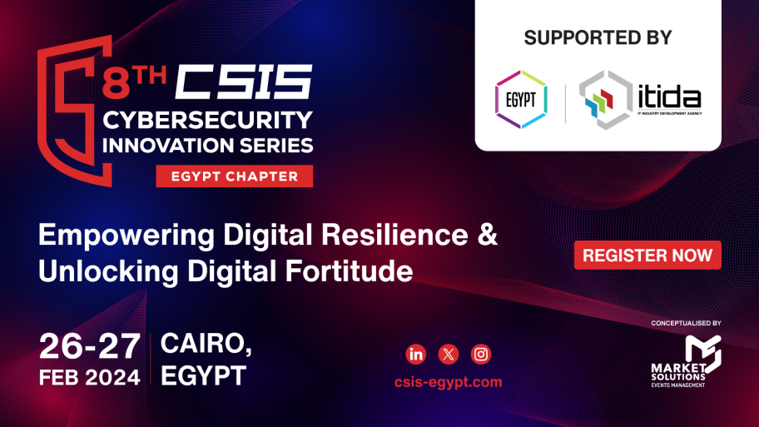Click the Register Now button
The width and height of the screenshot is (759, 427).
coord(647,256)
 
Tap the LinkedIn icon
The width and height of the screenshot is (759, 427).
coord(416,355)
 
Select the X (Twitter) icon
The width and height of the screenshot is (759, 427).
coord(449,355)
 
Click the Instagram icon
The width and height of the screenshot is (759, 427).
coord(481,355)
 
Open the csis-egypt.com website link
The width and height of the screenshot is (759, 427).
coord(448,382)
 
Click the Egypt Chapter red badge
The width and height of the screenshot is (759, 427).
coord(234,176)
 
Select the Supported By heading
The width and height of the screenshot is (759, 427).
coord(598,37)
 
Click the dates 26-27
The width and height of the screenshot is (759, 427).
coord(88,345)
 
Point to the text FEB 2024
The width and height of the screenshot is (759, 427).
coord(89,377)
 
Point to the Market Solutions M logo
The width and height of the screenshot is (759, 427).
coord(702,350)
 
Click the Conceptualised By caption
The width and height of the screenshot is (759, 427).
coord(686,323)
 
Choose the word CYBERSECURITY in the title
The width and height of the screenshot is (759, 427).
coord(208,120)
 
